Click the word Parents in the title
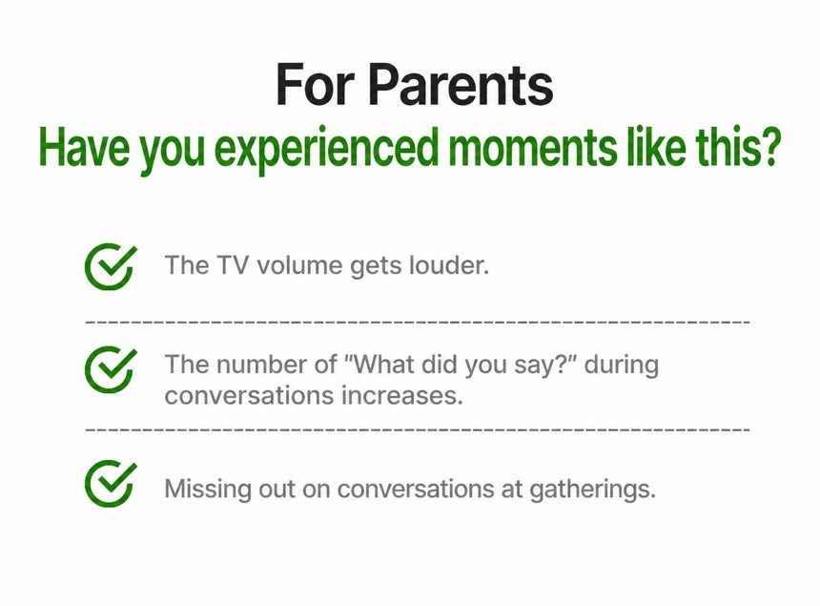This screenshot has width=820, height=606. [461, 85]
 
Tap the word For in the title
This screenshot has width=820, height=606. [316, 85]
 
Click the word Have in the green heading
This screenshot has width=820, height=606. [84, 148]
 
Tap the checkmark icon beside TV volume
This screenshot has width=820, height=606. [111, 266]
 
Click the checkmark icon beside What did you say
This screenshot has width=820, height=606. [111, 369]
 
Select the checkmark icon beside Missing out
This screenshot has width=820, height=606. [111, 484]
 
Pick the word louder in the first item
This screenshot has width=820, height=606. [449, 264]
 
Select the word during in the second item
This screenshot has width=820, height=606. [622, 366]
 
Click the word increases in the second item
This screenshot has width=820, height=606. [402, 395]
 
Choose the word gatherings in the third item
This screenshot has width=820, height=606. [592, 491]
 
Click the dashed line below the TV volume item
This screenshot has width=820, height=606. [418, 322]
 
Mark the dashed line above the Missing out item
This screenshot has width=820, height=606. [418, 429]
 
